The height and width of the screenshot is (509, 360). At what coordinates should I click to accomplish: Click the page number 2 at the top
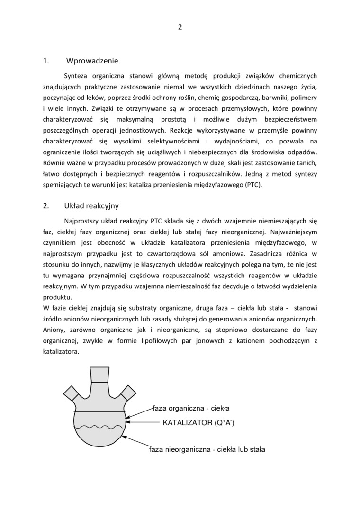(180, 27)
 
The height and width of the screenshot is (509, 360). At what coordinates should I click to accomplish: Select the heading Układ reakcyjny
(91, 206)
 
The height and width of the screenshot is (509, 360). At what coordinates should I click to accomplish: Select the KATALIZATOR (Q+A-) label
(198, 422)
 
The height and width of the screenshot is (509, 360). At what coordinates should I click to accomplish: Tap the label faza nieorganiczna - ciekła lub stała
(207, 449)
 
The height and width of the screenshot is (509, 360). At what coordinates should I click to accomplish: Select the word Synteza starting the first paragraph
(76, 76)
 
